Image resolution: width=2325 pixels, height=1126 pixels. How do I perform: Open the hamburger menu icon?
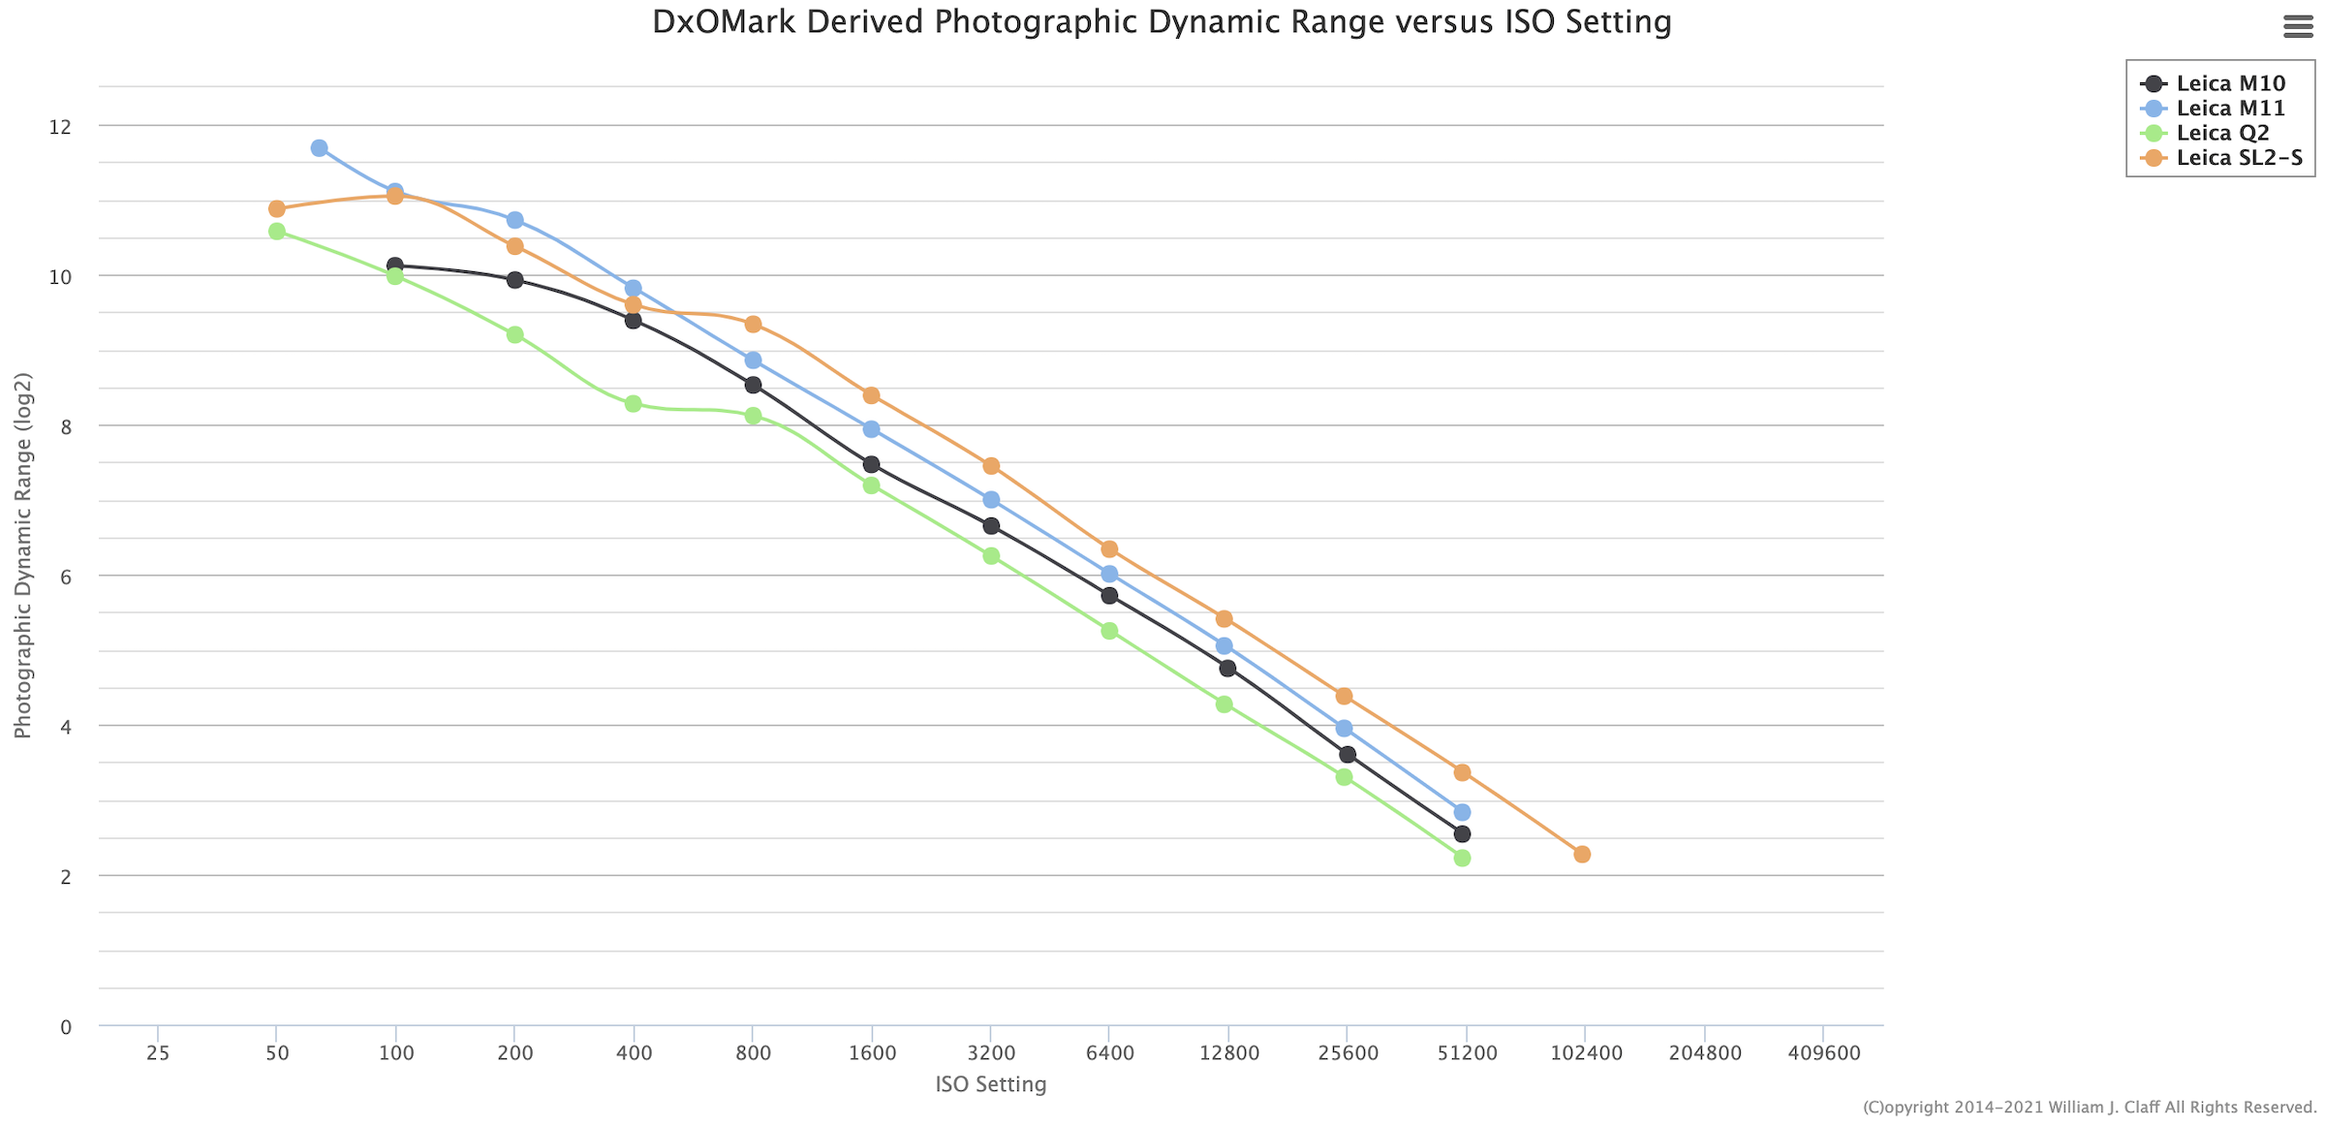(x=2298, y=26)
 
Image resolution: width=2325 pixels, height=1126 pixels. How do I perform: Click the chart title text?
(x=1162, y=21)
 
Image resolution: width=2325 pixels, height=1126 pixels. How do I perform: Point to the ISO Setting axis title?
(x=991, y=1084)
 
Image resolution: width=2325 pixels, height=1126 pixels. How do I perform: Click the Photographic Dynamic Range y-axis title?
(x=22, y=555)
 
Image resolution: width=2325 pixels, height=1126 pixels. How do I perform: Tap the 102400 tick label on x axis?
(x=1586, y=1053)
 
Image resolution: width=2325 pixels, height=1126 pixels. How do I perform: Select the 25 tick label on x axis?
(x=158, y=1053)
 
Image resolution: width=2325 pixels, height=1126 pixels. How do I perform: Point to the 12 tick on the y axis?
(x=60, y=127)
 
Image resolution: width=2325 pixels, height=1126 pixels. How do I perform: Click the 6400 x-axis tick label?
(x=1110, y=1053)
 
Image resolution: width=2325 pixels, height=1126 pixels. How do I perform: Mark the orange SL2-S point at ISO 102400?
(x=1582, y=855)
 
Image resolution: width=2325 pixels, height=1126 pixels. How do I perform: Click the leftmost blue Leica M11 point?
(x=319, y=148)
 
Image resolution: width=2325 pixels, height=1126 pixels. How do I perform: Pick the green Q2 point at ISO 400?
(x=633, y=404)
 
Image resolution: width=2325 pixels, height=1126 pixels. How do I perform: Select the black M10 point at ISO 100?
(x=394, y=266)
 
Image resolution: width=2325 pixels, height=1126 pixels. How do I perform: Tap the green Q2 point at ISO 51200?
(x=1462, y=859)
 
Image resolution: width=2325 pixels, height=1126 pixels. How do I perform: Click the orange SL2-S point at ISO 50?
(x=277, y=209)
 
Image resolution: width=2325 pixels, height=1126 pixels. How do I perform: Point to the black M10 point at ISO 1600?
(x=871, y=465)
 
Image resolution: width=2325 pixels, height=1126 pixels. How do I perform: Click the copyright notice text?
(x=2090, y=1108)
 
